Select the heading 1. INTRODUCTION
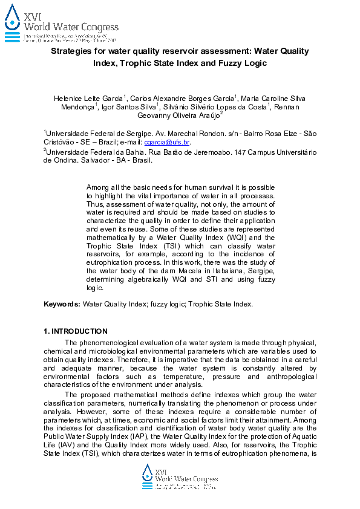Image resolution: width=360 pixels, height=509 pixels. (76, 331)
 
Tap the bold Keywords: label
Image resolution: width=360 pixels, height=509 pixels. (62, 304)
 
